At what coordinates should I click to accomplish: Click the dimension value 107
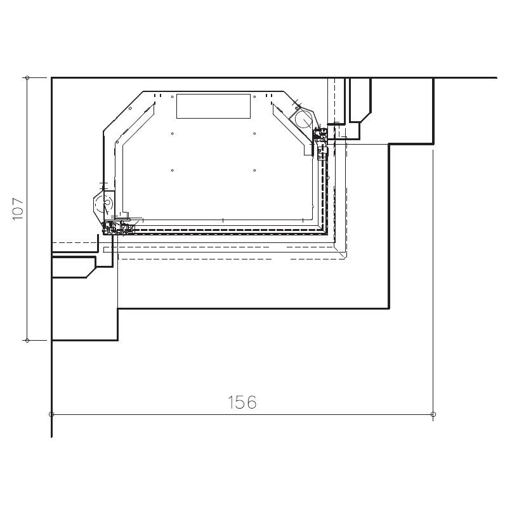point(18,209)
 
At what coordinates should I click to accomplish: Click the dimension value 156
point(242,402)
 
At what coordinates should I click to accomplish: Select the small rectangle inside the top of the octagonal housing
point(214,106)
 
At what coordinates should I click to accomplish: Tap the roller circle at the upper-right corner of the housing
point(304,119)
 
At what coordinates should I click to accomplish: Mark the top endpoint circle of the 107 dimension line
point(27,77)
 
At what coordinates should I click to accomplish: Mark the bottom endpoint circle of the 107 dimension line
point(27,340)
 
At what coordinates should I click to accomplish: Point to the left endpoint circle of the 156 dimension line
point(51,414)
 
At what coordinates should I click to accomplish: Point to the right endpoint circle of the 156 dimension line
point(433,414)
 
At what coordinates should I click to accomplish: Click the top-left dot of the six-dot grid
point(173,96)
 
